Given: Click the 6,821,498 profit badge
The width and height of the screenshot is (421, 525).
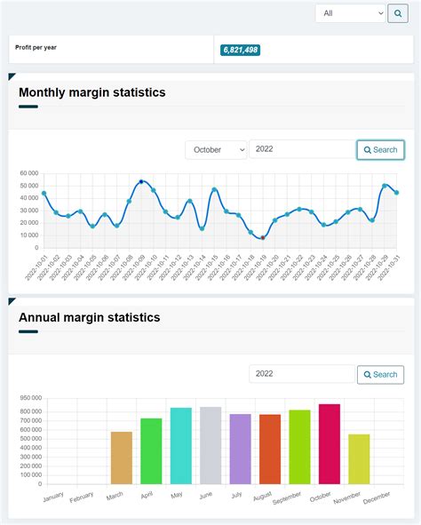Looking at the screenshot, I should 240,50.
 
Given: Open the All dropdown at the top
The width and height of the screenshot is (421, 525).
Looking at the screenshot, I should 351,13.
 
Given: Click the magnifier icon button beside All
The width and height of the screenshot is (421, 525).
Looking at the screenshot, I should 397,13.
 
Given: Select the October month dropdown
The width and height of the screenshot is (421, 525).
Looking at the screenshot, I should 216,150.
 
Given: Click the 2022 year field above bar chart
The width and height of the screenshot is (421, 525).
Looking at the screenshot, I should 301,375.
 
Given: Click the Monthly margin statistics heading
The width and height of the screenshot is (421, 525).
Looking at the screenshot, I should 91,92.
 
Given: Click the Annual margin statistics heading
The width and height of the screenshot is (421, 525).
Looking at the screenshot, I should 89,317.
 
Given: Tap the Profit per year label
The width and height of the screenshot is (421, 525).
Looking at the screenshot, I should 37,47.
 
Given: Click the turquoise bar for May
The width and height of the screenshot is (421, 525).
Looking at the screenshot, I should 181,446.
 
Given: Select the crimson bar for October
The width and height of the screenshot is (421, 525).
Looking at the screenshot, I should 330,444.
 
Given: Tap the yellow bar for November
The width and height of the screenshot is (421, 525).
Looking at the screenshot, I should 359,459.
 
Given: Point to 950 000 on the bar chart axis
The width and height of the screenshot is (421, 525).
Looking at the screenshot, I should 30,399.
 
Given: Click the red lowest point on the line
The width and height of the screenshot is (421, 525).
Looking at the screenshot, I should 262,238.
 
